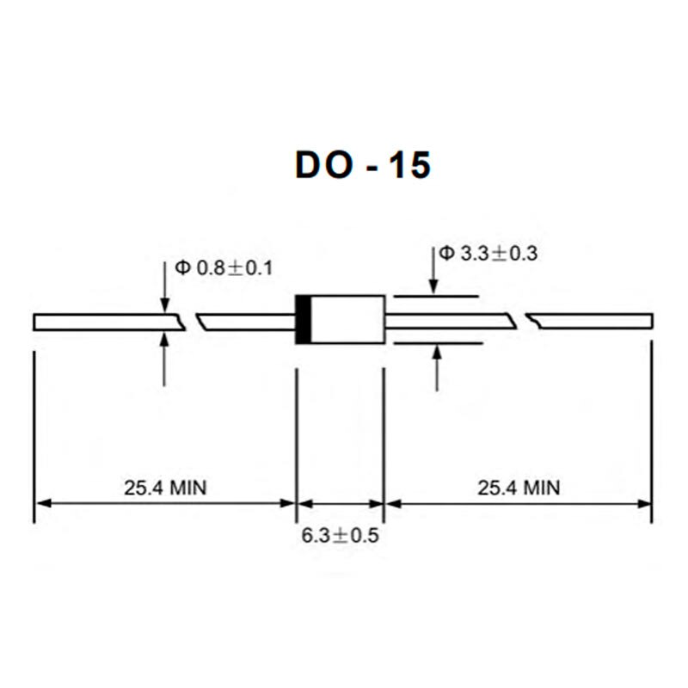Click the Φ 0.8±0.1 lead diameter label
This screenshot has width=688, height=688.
pos(224,267)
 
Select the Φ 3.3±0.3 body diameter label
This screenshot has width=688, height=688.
pos(488,254)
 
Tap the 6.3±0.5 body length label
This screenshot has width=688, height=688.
pos(340,536)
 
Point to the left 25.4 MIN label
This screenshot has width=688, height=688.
pos(165,488)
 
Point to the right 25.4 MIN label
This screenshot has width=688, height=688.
pos(519,488)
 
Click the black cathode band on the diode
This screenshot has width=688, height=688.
pos(303,320)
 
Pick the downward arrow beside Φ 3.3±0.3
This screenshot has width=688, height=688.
pos(435,271)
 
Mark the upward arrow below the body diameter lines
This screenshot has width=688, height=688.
pos(437,367)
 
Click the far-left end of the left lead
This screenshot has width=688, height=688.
pos(36,322)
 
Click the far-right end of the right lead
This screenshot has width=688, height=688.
pos(650,322)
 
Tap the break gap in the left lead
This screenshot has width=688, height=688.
pos(191,322)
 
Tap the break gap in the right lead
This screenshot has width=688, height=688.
pos(522,322)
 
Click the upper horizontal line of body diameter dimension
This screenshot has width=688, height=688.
pos(435,297)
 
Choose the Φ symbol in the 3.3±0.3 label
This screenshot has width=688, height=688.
pos(446,253)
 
